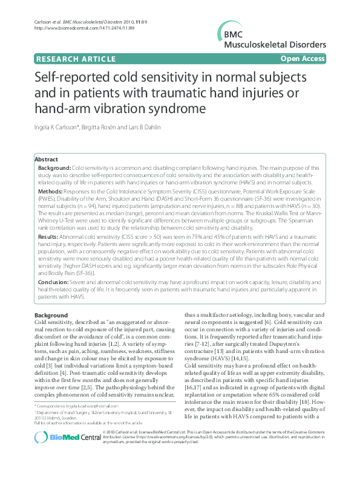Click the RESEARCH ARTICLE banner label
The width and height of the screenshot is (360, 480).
(x=76, y=59)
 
